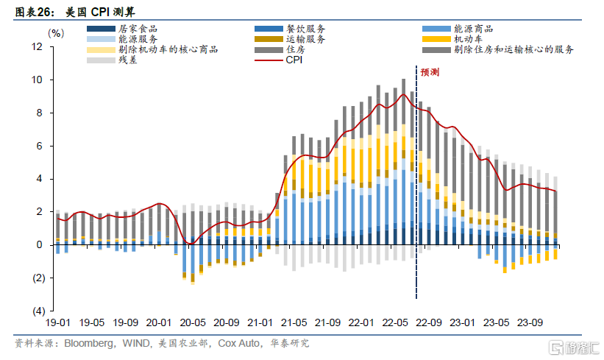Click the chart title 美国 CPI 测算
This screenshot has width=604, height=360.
(87, 11)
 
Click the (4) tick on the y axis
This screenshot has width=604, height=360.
(38, 311)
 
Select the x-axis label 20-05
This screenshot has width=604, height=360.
(192, 322)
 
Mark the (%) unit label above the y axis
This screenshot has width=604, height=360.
(56, 33)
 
